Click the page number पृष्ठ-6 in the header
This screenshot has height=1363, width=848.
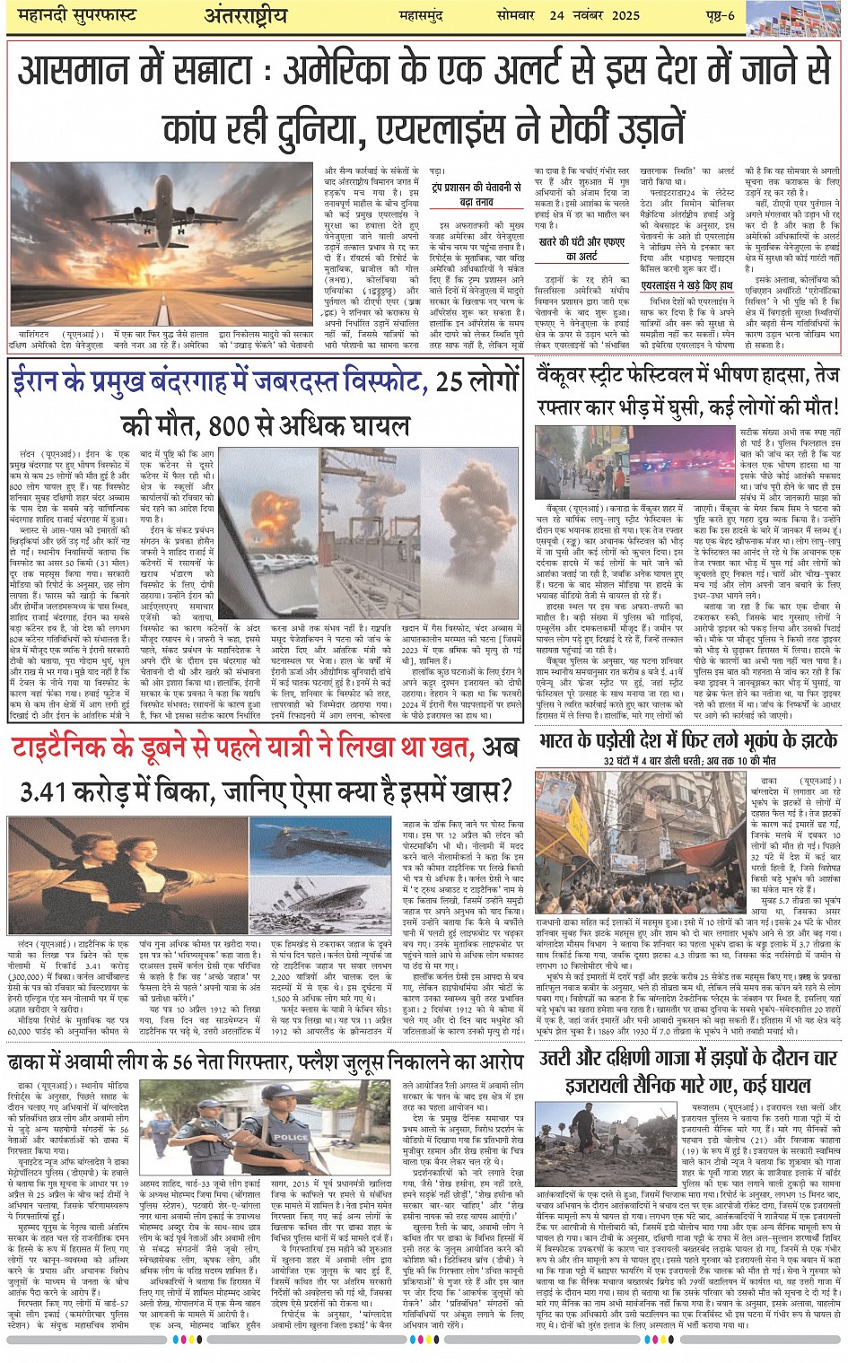pos(719,15)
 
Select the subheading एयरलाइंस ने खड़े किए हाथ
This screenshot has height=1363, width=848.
pos(686,286)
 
